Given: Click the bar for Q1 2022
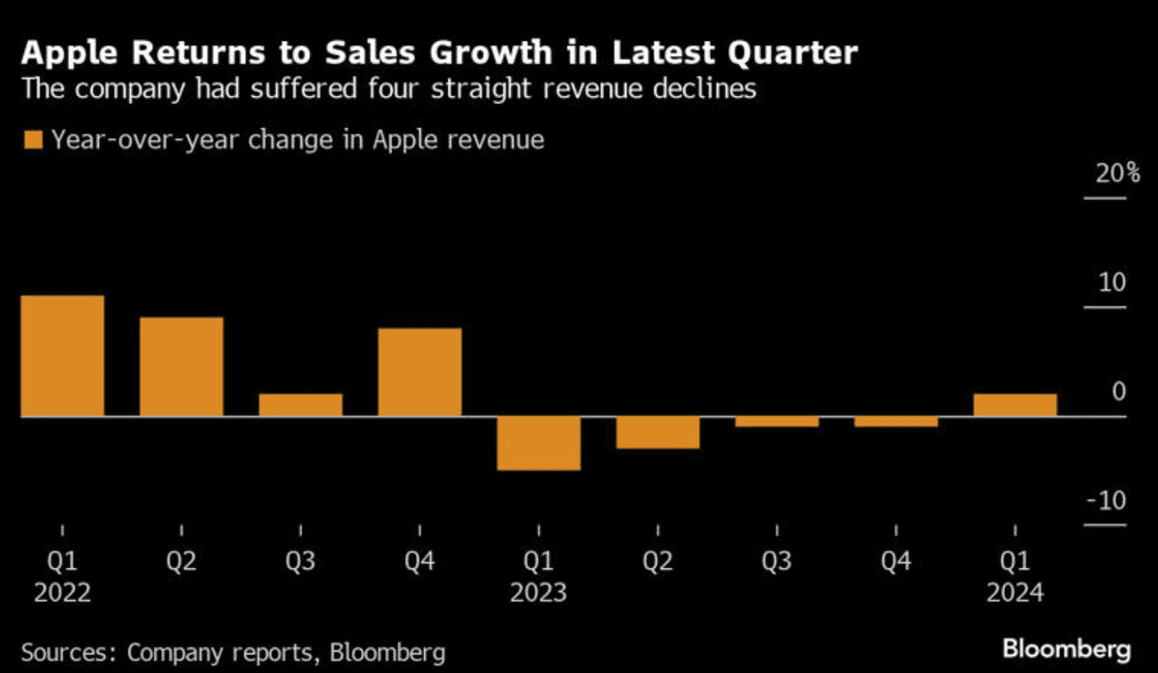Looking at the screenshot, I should pyautogui.click(x=62, y=356).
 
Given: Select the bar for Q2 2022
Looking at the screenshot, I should pyautogui.click(x=182, y=367).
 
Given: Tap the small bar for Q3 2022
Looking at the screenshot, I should pyautogui.click(x=301, y=405).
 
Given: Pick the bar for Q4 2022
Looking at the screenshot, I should pyautogui.click(x=420, y=372).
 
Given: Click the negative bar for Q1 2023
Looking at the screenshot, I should pyautogui.click(x=539, y=443).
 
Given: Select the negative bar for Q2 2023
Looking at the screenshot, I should pyautogui.click(x=658, y=433).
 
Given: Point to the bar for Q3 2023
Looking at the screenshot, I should pyautogui.click(x=777, y=422).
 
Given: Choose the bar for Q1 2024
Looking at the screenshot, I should pyautogui.click(x=1015, y=405).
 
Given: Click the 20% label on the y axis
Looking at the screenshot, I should pyautogui.click(x=1117, y=174).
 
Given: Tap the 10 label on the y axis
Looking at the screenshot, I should pyautogui.click(x=1113, y=283).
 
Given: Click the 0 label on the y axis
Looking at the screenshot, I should pyautogui.click(x=1119, y=393).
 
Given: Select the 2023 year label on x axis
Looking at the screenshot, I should pyautogui.click(x=539, y=592).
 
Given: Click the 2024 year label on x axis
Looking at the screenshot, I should pyautogui.click(x=1015, y=592).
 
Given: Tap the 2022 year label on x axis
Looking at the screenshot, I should pyautogui.click(x=62, y=592).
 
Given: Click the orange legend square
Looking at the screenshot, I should pyautogui.click(x=35, y=141).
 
